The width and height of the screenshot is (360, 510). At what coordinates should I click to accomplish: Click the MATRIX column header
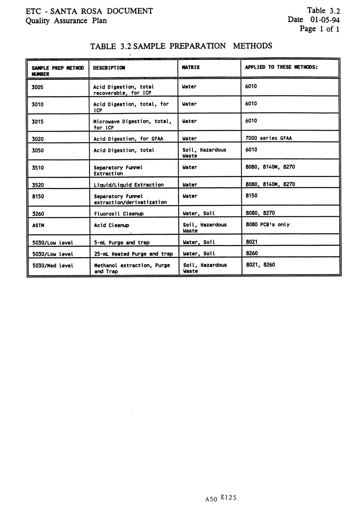[191, 67]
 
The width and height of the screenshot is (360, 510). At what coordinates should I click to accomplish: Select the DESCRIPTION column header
[109, 68]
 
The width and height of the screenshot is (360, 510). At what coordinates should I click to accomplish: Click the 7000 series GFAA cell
[268, 138]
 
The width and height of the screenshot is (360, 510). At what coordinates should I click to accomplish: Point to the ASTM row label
[38, 225]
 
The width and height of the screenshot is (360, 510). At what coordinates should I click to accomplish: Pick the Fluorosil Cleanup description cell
[119, 214]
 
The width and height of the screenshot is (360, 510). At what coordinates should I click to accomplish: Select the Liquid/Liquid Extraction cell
[129, 185]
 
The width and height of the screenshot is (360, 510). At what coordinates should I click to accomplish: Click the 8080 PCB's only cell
[268, 225]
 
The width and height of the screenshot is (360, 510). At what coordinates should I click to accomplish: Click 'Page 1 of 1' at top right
[319, 29]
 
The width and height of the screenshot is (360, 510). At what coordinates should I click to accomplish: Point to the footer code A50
[211, 499]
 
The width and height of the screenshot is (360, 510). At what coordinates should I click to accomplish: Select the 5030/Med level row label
[53, 266]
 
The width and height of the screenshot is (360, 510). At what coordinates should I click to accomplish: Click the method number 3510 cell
[38, 168]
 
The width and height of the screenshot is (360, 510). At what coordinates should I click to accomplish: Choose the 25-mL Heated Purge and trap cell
[133, 254]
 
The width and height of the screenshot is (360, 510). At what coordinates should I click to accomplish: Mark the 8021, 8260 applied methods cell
[261, 265]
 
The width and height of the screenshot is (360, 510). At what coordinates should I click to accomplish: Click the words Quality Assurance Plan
[66, 21]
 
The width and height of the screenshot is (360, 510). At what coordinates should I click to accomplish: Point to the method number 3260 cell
[38, 214]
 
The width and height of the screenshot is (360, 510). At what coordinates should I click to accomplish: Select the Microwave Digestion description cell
[132, 124]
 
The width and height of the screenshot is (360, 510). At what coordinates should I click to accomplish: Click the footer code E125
[228, 497]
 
